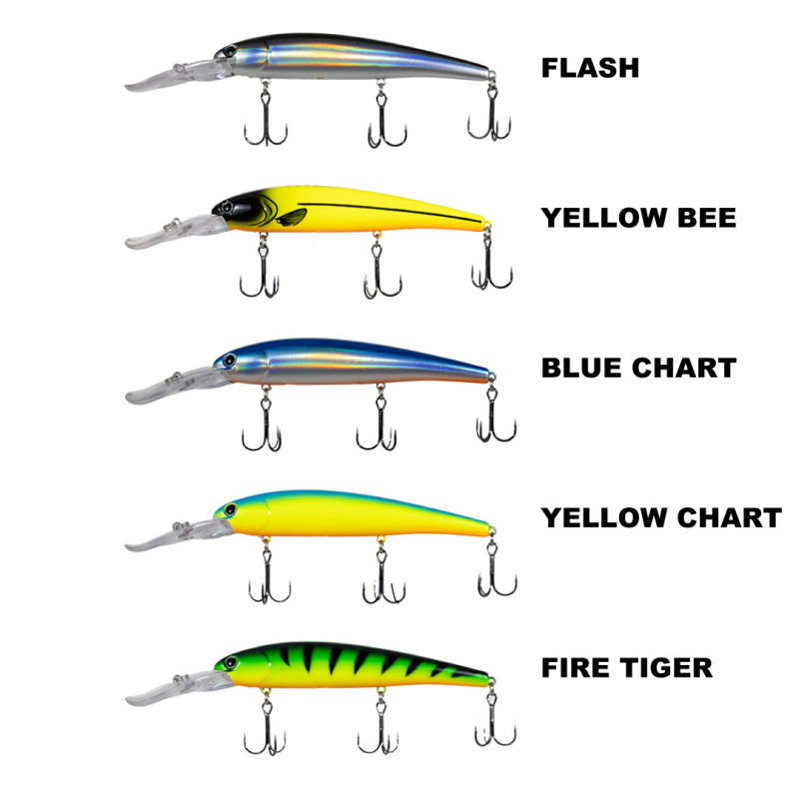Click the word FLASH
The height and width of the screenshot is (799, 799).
pyautogui.click(x=589, y=68)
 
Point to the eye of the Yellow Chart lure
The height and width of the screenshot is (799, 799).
pyautogui.click(x=230, y=510)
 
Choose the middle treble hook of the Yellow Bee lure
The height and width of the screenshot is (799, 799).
pyautogui.click(x=378, y=275)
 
